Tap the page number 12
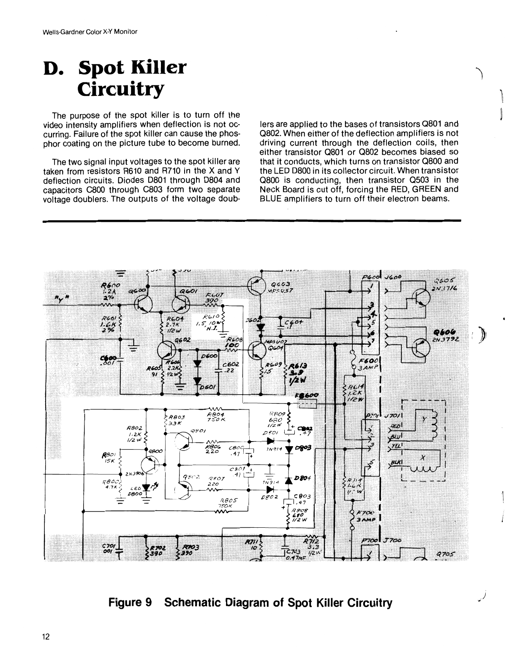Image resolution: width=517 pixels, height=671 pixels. click(x=46, y=638)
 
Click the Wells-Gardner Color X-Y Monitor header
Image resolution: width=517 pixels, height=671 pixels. click(x=90, y=32)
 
